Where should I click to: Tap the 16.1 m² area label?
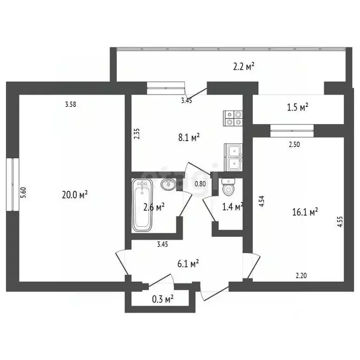point(305,212)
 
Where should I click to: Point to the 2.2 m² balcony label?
point(243,67)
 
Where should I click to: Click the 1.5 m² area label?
point(297,107)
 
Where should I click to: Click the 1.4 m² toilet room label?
point(232,206)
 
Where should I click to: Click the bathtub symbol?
point(142,205)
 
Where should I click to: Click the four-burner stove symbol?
point(233,118)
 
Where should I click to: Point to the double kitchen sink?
point(233,157)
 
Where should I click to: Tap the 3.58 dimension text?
point(70,105)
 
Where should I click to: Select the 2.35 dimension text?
point(136,135)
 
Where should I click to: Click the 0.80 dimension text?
point(200,184)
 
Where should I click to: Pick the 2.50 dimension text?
point(294,144)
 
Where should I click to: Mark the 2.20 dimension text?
point(301,276)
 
